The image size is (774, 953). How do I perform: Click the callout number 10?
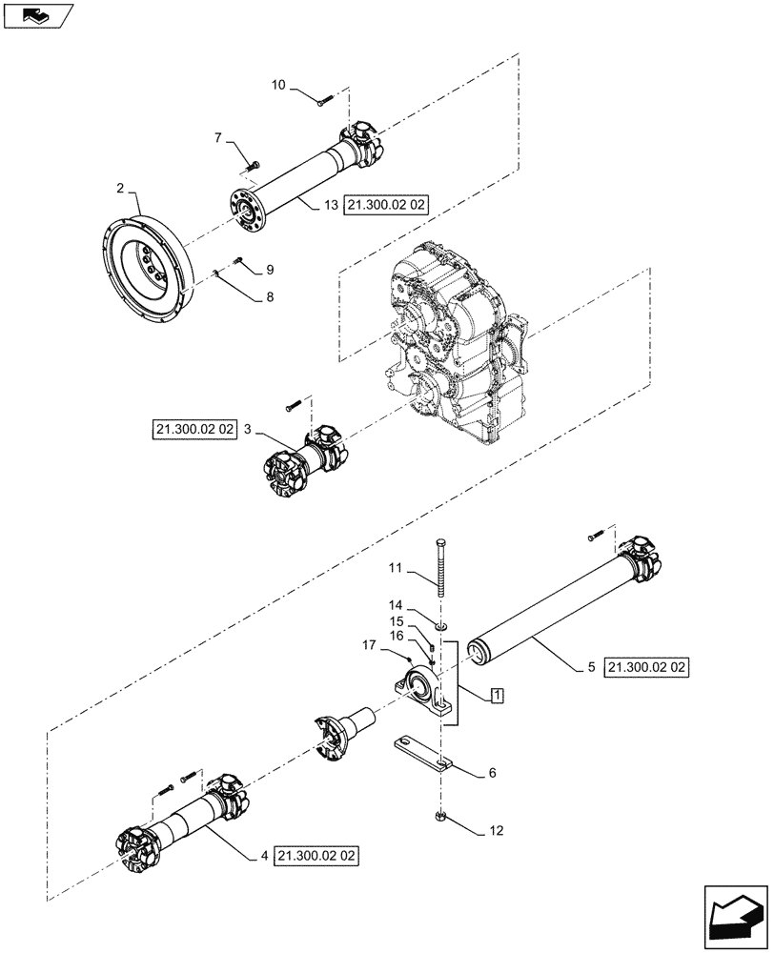coord(277,86)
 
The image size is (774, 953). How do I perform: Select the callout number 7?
coord(218,139)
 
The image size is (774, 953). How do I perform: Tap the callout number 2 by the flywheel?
coord(121,190)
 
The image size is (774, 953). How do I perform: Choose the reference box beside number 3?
coord(193,431)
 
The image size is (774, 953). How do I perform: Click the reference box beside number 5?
coord(646,667)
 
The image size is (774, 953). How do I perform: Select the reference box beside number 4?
coord(317,856)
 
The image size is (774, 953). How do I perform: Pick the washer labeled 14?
coord(441,625)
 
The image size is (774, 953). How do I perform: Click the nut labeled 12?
coord(441,816)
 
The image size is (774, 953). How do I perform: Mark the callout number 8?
coord(269,298)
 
